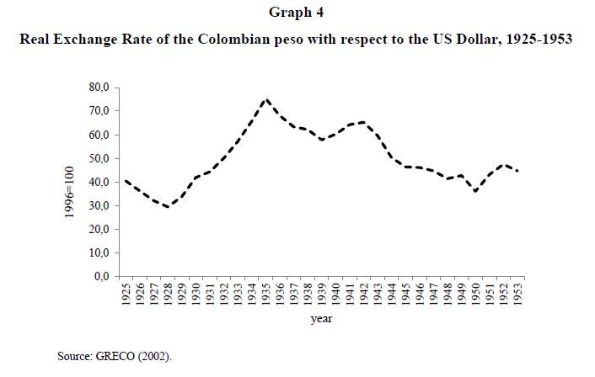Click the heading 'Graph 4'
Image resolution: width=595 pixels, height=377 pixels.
tap(297, 13)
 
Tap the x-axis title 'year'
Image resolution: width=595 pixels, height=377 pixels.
tap(321, 319)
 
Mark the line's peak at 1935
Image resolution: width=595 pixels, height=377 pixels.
tap(265, 99)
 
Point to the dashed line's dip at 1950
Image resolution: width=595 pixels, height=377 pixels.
tap(474, 191)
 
